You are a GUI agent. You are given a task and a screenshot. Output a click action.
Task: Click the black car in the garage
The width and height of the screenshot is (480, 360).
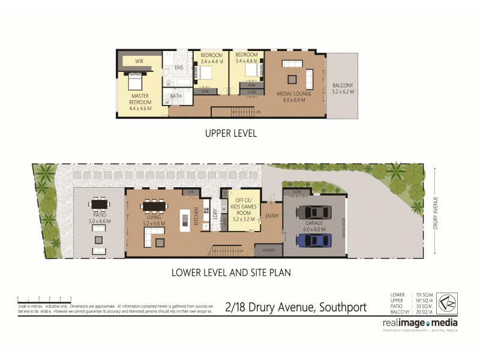point(313,212)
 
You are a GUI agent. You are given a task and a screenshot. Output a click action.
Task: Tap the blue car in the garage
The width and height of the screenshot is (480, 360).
point(313,240)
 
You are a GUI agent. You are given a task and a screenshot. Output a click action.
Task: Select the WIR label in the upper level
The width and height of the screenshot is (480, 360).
point(139,61)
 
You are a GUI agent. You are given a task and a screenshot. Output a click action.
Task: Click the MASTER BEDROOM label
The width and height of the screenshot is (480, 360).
point(140,99)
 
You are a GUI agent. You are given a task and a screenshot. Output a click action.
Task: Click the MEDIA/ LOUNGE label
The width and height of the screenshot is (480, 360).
point(290,96)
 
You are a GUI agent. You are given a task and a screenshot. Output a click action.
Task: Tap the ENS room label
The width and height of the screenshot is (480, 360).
point(179,68)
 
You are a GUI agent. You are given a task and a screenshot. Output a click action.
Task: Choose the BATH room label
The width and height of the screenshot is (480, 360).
point(176,96)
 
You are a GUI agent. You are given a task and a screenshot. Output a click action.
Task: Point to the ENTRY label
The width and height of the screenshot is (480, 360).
point(272,216)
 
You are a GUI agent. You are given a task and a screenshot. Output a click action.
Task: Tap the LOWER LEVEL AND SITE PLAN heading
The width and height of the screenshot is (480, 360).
point(231,272)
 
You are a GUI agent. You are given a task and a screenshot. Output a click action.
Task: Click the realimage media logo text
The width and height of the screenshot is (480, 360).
point(419,323)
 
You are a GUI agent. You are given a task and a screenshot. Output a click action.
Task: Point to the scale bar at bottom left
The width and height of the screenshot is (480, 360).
point(44,298)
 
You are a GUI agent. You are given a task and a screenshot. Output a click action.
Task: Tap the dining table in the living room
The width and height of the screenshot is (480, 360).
point(155,207)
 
